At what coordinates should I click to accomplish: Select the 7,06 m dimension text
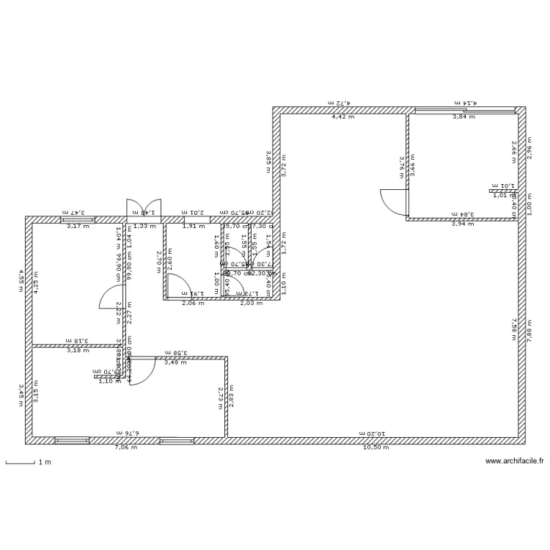125,447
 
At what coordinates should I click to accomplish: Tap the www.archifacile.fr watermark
515,461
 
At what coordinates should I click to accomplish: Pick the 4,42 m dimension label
342,117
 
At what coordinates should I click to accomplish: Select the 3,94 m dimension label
463,224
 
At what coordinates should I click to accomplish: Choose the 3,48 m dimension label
175,362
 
